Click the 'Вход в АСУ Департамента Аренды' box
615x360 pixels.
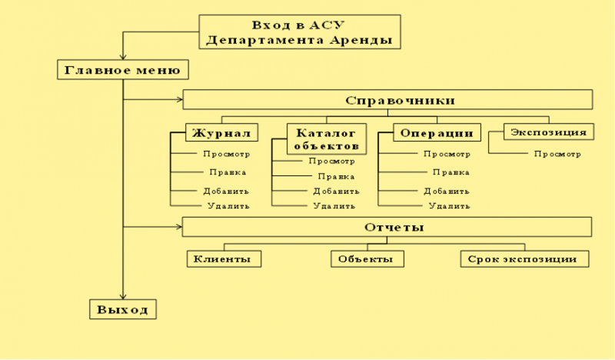(x=300, y=32)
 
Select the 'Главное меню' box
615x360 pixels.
(x=123, y=70)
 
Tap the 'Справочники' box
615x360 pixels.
(x=387, y=100)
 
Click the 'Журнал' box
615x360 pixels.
(x=221, y=133)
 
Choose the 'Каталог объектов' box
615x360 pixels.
(x=327, y=139)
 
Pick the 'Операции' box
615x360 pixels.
(x=437, y=133)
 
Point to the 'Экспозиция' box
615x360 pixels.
(x=549, y=132)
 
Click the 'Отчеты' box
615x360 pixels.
(x=387, y=227)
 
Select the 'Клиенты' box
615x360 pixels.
(x=224, y=259)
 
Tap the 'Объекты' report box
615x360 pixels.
(x=367, y=259)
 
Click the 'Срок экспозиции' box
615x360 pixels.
(x=524, y=259)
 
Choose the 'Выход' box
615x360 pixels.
(x=123, y=309)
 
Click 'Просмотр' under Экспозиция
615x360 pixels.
(x=557, y=154)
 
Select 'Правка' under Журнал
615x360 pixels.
(x=228, y=172)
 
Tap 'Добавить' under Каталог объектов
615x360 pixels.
(x=336, y=192)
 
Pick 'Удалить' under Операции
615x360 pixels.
(x=450, y=205)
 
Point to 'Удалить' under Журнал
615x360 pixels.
(x=228, y=205)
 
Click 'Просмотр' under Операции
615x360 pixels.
(x=447, y=154)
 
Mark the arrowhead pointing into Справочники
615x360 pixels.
(x=180, y=99)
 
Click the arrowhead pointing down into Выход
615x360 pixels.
(x=123, y=296)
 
